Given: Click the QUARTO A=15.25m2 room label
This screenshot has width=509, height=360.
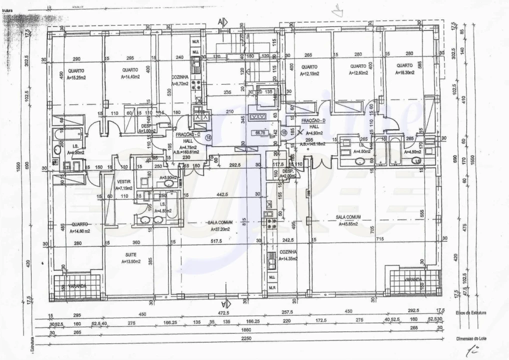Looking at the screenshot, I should tap(76, 74).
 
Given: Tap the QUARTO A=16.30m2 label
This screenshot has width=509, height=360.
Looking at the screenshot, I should tap(404, 69).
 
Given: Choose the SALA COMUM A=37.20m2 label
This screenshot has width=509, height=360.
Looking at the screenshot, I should tap(218, 225).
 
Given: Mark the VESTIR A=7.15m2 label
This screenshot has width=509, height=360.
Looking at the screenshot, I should tap(123, 185).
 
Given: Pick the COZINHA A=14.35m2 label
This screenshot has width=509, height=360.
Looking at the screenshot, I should tap(288, 255).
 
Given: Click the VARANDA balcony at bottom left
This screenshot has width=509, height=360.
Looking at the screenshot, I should tap(76, 286).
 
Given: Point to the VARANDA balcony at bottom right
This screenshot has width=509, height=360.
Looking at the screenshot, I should tap(413, 279).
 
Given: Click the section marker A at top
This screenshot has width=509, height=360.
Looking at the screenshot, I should tap(222, 21).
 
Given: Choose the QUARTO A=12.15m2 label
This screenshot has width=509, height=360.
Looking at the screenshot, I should tap(309, 70).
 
